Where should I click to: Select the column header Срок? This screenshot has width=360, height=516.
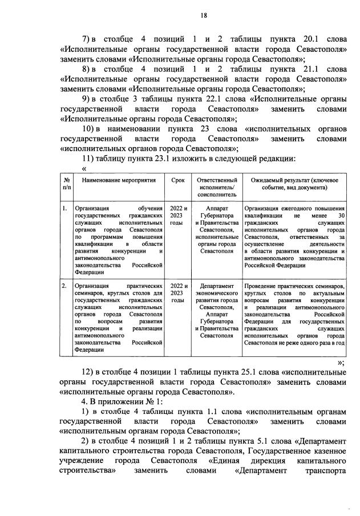(177, 180)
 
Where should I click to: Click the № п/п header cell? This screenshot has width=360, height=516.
(67, 183)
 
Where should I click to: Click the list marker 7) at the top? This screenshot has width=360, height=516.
(87, 39)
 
